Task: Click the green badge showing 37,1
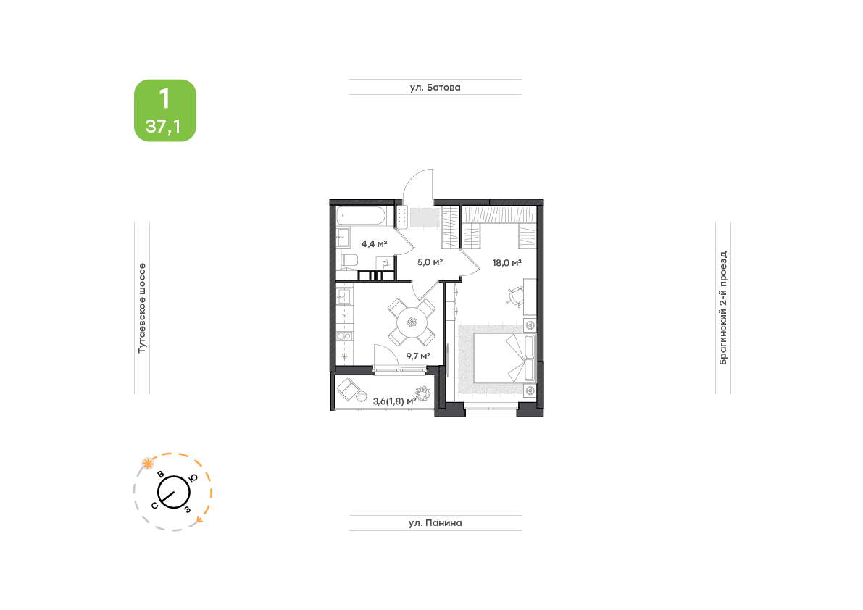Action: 165,111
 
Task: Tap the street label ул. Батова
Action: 435,88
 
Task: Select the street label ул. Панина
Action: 435,523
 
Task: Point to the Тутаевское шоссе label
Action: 142,308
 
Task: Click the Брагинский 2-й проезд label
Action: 723,308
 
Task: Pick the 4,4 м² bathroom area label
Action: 375,243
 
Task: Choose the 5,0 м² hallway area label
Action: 430,262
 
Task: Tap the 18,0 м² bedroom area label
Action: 507,263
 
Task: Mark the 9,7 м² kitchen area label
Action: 418,356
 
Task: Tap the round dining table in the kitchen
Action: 412,322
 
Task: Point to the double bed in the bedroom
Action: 504,357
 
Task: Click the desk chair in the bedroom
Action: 515,296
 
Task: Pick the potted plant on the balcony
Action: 422,394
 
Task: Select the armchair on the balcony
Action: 348,390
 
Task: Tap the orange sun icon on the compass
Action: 148,464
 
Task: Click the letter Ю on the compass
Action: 193,479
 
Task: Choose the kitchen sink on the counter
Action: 343,296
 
